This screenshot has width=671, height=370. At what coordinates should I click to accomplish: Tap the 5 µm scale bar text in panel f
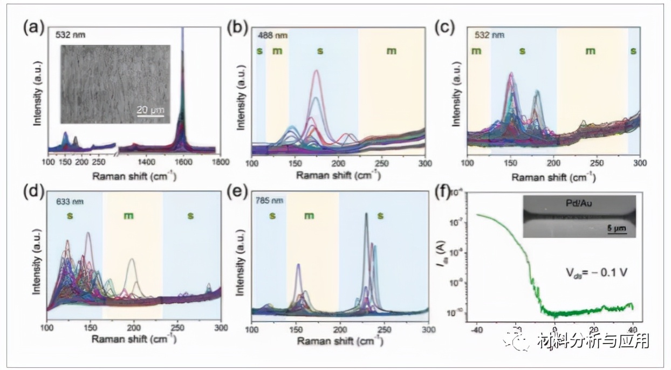615,228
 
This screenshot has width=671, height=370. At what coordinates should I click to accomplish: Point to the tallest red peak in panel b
316,71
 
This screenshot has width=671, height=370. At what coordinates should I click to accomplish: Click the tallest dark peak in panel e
366,214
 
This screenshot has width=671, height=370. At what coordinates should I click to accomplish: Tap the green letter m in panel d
129,216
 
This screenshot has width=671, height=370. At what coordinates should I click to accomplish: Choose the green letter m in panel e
309,216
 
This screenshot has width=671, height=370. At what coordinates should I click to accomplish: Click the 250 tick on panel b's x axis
382,162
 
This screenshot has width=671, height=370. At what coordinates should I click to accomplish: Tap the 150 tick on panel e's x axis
296,328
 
